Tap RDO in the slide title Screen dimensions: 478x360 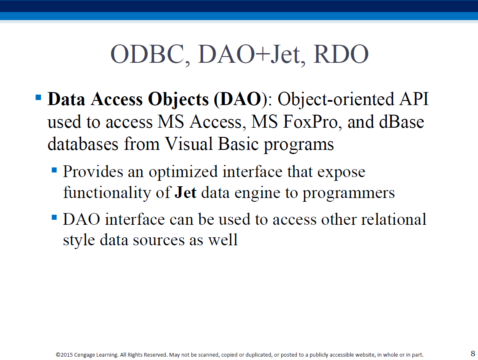pyautogui.click(x=341, y=54)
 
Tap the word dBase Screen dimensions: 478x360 pyautogui.click(x=401, y=122)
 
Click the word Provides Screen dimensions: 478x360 pyautogui.click(x=93, y=171)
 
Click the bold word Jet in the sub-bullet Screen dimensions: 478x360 pyautogui.click(x=185, y=192)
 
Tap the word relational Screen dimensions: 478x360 pyautogui.click(x=393, y=219)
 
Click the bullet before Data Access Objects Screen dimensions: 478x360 pyautogui.click(x=39, y=98)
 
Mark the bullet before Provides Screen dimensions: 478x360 pyautogui.click(x=54, y=170)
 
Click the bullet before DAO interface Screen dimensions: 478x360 pyautogui.click(x=54, y=217)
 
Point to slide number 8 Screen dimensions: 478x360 pyautogui.click(x=473, y=353)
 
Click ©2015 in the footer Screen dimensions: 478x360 pyautogui.click(x=64, y=355)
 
